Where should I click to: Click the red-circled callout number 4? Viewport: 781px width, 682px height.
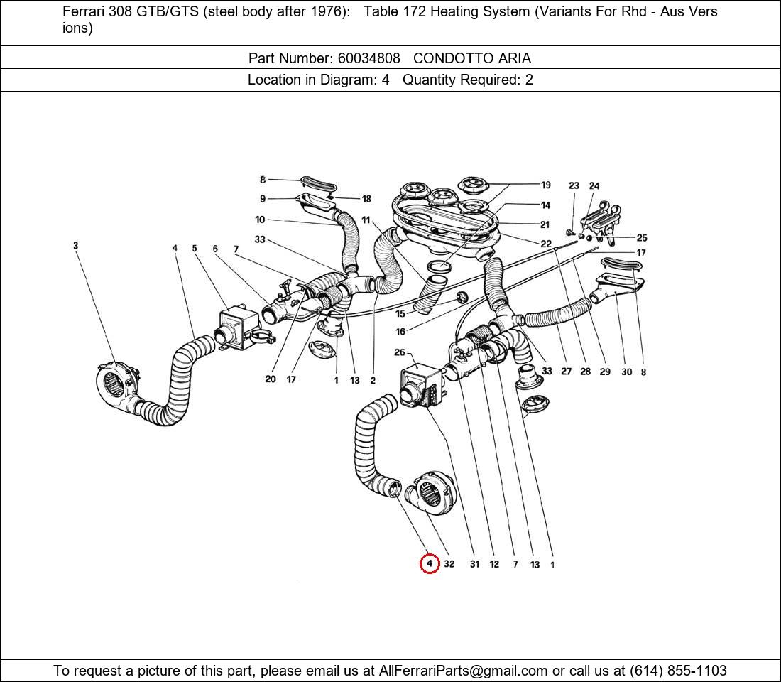pyautogui.click(x=429, y=564)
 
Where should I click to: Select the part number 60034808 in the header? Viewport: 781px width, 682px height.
pyautogui.click(x=368, y=58)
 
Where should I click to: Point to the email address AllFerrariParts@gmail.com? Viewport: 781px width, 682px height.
pyautogui.click(x=464, y=671)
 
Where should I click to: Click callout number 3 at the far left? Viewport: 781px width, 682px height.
pyautogui.click(x=75, y=246)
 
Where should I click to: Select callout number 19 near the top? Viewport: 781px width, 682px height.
pyautogui.click(x=545, y=185)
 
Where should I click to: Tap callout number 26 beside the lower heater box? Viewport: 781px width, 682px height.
pyautogui.click(x=400, y=352)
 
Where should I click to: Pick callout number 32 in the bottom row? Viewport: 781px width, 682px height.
pyautogui.click(x=449, y=564)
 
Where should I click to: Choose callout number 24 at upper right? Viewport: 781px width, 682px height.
pyautogui.click(x=594, y=186)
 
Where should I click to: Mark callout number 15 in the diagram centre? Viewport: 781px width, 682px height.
pyautogui.click(x=400, y=313)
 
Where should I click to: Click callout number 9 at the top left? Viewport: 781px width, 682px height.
pyautogui.click(x=263, y=199)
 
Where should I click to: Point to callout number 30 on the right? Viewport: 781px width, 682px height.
pyautogui.click(x=626, y=372)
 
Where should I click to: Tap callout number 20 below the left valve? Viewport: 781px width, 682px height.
pyautogui.click(x=270, y=379)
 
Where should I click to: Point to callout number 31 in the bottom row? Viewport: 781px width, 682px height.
pyautogui.click(x=474, y=564)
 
